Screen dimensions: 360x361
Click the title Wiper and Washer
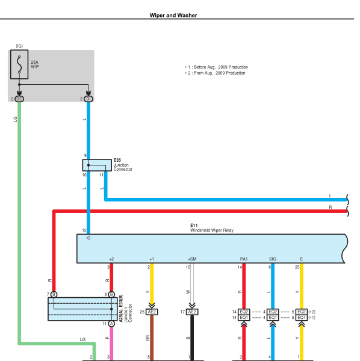point(173,15)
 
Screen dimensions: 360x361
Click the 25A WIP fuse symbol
point(19,64)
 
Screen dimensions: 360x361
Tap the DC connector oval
point(19,99)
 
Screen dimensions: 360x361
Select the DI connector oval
point(88,99)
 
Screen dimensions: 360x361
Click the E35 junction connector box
point(97,165)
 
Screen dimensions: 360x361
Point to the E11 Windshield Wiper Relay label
point(212,228)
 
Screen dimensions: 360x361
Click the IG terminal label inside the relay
point(88,238)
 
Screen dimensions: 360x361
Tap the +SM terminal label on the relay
point(192,259)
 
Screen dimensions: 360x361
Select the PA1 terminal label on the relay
point(244,259)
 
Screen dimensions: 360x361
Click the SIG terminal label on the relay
point(273,259)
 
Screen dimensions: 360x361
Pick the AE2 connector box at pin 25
point(152,312)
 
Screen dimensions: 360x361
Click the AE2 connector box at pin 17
point(192,312)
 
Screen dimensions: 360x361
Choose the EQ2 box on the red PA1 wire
point(244,312)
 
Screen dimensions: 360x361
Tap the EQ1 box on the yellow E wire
point(302,318)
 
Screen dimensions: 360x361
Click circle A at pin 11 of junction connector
point(111,324)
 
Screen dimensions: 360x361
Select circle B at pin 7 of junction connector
point(54,294)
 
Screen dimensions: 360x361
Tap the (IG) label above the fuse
point(19,46)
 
